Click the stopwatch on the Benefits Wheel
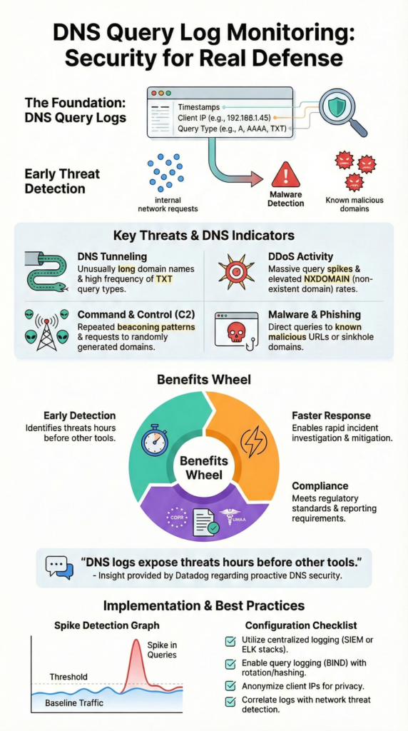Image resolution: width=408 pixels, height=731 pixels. (x=155, y=440)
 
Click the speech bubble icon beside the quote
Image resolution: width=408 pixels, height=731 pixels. (x=59, y=567)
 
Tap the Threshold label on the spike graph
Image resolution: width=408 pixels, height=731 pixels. (x=68, y=676)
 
